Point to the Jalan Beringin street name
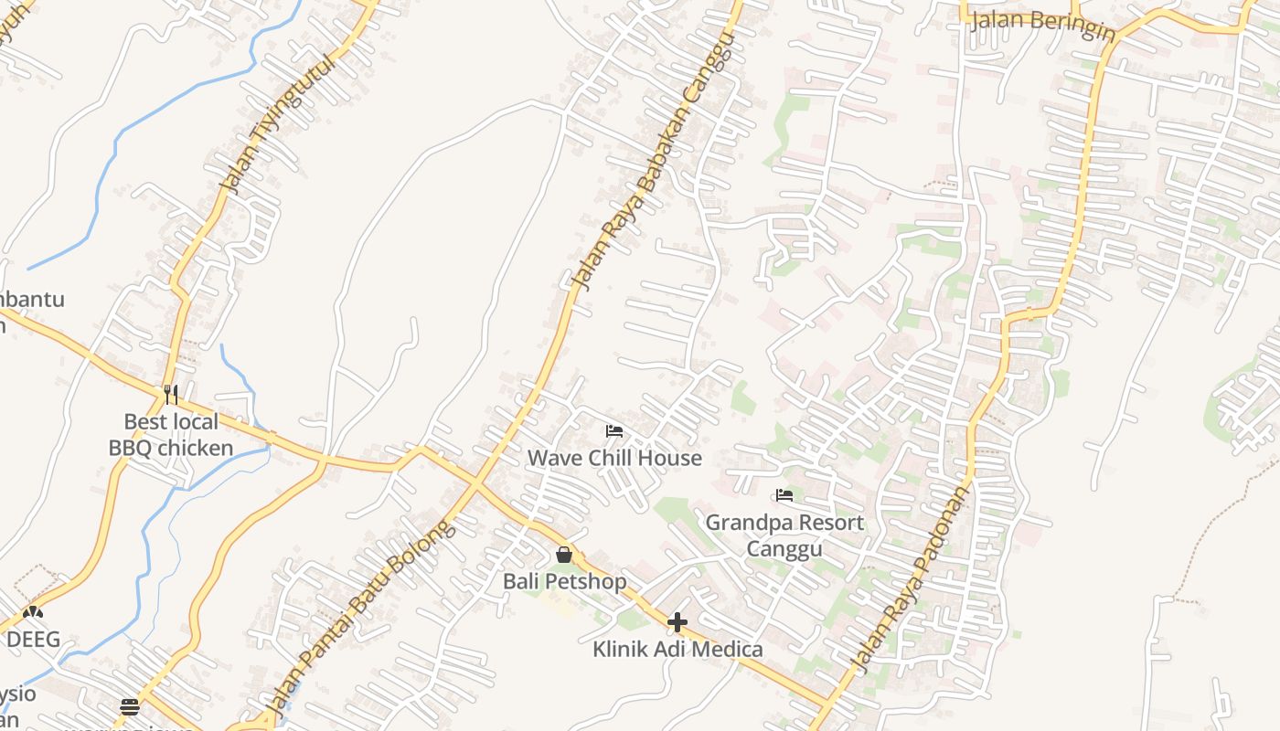tap(1042, 25)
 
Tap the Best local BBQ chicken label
tap(171, 435)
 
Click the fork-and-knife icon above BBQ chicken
tap(171, 395)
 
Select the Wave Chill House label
tap(614, 458)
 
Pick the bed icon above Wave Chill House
tap(614, 431)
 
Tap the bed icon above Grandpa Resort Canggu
tap(784, 496)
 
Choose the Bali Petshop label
tap(565, 582)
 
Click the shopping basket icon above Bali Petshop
tap(564, 555)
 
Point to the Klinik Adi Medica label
tap(677, 650)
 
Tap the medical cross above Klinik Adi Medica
tap(677, 623)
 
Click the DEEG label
tap(34, 639)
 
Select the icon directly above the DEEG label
tap(33, 612)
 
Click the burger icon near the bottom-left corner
tap(130, 706)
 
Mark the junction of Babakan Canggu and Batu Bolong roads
tap(475, 482)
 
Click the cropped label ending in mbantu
tap(32, 299)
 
